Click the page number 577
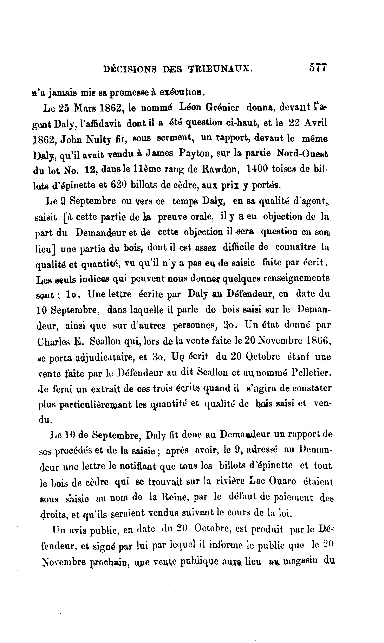tap(318, 68)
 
